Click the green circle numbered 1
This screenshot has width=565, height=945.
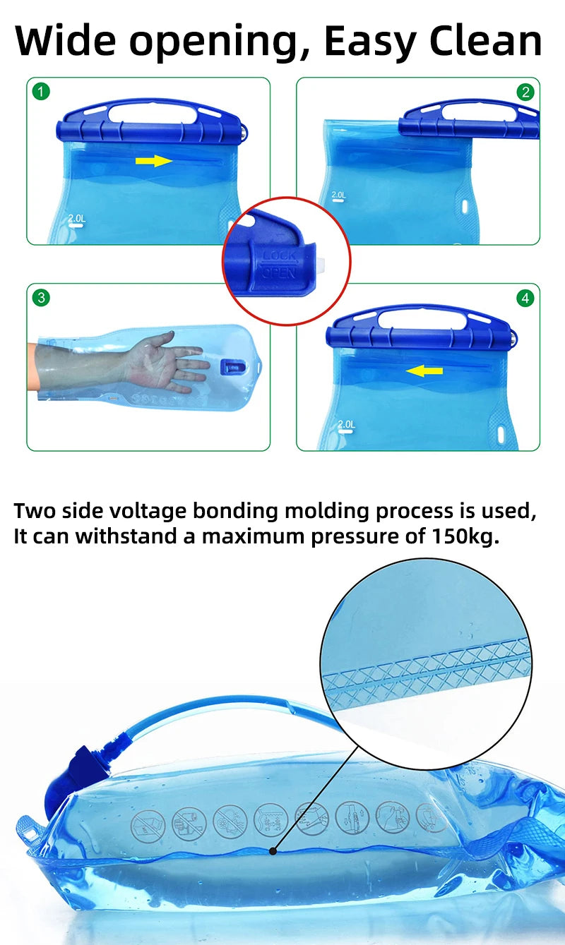tap(41, 92)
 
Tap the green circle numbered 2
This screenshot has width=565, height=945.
tap(525, 92)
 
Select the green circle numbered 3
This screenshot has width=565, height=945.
tap(41, 298)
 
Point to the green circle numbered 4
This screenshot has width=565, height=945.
tap(525, 299)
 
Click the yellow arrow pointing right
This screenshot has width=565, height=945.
tap(154, 161)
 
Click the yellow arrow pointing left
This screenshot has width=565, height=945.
tap(424, 371)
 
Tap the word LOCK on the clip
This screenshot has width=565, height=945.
tap(279, 256)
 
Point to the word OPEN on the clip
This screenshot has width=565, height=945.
tap(278, 273)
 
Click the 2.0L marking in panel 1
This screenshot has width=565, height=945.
tap(76, 219)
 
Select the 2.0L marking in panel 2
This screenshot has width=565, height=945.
tap(338, 195)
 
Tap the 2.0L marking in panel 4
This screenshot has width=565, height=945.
tap(346, 424)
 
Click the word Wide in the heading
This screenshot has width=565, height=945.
tap(65, 41)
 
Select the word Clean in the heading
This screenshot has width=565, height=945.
tap(486, 41)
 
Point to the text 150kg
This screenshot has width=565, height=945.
tap(465, 536)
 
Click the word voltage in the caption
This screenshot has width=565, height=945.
tap(147, 512)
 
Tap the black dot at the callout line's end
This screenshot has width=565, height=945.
tap(273, 851)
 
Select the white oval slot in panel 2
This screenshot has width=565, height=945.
tap(465, 206)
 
